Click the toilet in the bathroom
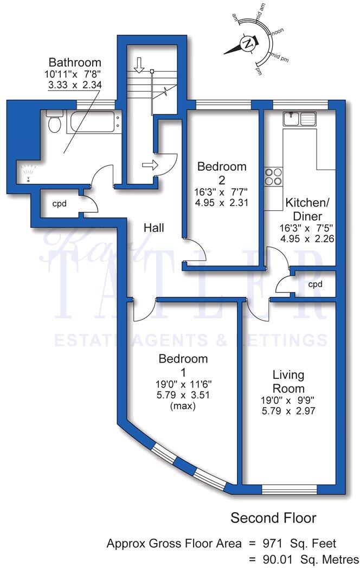pyautogui.click(x=54, y=122)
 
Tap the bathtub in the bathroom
pyautogui.click(x=93, y=122)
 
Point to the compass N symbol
pyautogui.click(x=248, y=43)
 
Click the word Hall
pyautogui.click(x=154, y=228)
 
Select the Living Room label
pyautogui.click(x=288, y=382)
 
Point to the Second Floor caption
pyautogui.click(x=273, y=518)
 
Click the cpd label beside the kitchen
pyautogui.click(x=315, y=284)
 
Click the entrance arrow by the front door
pyautogui.click(x=151, y=165)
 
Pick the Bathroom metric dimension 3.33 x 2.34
pyautogui.click(x=75, y=85)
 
